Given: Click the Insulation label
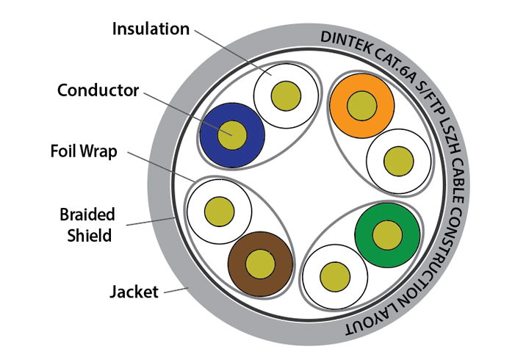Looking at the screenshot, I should point(150,29).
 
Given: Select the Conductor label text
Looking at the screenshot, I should point(98,90).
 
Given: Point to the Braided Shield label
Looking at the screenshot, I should point(87,225).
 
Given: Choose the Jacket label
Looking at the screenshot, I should point(134,292).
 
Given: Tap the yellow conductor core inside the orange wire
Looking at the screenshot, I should point(361,104).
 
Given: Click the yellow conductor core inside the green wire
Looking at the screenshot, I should point(386,234).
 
